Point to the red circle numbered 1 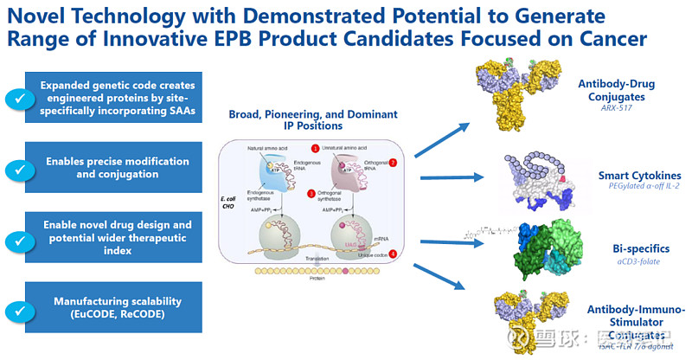tap(317, 149)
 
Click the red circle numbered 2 tap(393, 163)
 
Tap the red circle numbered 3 tap(311, 192)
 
